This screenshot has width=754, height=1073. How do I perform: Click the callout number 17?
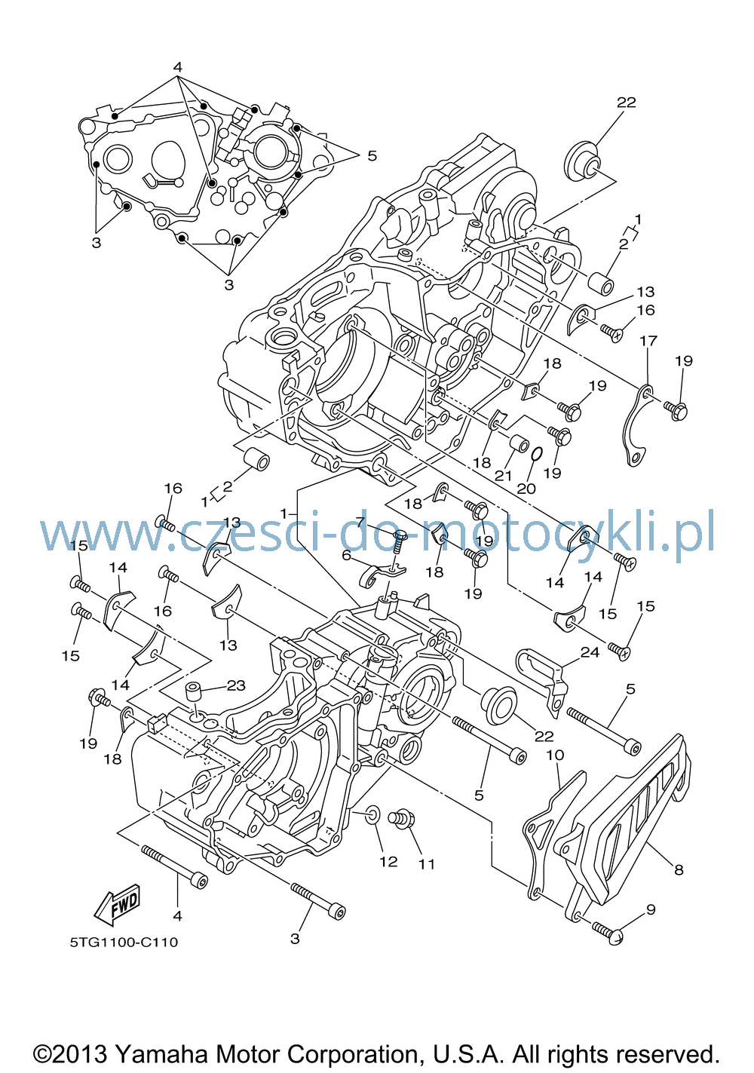point(648,341)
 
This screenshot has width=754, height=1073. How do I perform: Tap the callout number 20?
point(526,489)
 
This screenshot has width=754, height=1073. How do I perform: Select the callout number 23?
point(236,685)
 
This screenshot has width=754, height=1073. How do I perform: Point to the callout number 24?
point(590,652)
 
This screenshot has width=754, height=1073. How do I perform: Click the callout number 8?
point(679,869)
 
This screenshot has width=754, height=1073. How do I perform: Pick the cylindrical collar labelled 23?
point(195,691)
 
